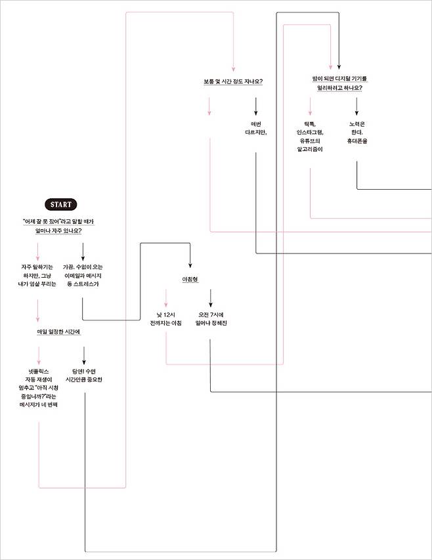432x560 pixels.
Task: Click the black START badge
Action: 60,204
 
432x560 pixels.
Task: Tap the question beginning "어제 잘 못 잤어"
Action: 58,226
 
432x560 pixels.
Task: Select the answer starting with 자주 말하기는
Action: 37,275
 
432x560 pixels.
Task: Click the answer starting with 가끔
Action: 83,275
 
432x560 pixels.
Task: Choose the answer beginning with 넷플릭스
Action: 39,387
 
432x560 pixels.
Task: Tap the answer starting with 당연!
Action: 84,375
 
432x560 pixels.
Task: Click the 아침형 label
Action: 190,280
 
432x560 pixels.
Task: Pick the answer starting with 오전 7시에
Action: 211,319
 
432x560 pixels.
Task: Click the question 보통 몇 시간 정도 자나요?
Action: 233,82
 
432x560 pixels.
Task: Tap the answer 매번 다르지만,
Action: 255,129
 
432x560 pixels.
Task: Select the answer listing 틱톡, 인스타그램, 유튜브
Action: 311,136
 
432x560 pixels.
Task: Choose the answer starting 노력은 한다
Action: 356,132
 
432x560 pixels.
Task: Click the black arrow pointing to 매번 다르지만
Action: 255,106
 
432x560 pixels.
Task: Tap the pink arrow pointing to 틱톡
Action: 311,106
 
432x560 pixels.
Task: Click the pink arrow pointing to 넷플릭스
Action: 39,355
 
